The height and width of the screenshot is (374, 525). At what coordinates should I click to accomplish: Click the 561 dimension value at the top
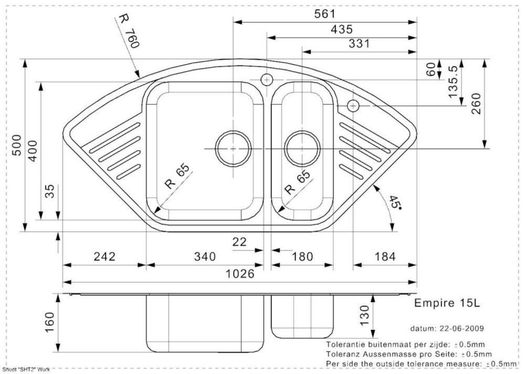(x=325, y=14)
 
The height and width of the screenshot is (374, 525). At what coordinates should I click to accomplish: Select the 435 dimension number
(x=342, y=29)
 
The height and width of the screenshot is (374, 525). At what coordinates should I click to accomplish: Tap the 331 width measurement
(x=359, y=44)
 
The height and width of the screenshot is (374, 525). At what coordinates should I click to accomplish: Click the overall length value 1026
(x=240, y=274)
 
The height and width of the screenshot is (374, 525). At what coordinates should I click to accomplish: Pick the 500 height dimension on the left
(x=16, y=145)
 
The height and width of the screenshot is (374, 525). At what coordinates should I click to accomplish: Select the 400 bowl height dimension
(x=33, y=151)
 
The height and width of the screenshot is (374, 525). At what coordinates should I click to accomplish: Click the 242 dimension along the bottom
(x=104, y=256)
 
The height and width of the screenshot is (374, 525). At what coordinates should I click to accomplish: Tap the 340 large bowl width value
(x=205, y=257)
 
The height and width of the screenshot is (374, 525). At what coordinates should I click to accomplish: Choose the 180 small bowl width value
(x=302, y=257)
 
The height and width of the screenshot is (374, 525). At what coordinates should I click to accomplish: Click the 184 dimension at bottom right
(x=385, y=257)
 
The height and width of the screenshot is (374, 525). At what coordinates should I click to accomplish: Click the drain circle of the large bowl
(x=234, y=148)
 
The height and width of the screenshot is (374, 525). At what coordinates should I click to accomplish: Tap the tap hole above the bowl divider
(x=267, y=80)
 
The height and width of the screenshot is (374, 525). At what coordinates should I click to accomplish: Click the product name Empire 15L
(x=447, y=303)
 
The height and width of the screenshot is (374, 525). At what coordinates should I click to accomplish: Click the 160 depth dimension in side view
(x=49, y=323)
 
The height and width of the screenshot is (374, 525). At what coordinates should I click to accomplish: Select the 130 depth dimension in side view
(x=364, y=315)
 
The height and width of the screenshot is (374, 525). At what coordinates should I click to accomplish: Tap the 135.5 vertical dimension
(x=452, y=81)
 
